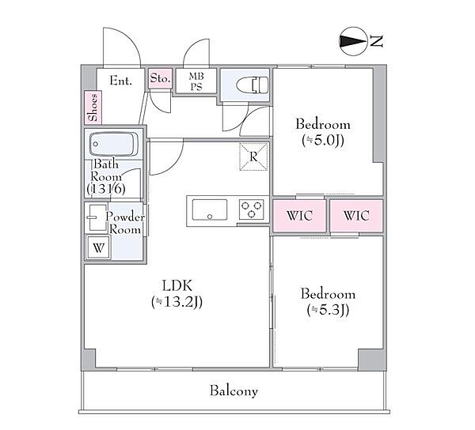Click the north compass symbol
pos(353,41)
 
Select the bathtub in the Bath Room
pos(114,144)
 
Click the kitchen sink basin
pos(210,209)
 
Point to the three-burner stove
pos(251,209)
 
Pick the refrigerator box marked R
pos(253,157)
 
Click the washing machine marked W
pos(98,247)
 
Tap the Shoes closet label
pos(93,107)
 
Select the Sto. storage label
pos(160,78)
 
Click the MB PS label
pos(196,81)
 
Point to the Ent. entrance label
pos(120,81)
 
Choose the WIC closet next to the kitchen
pos(299,216)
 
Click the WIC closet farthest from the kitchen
pos(356,216)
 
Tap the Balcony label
pos(234,390)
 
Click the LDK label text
pos(177,285)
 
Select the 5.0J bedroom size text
pos(323,141)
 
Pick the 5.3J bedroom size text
pos(328,310)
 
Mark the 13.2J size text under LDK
pos(177,302)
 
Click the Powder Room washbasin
pos(97,217)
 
